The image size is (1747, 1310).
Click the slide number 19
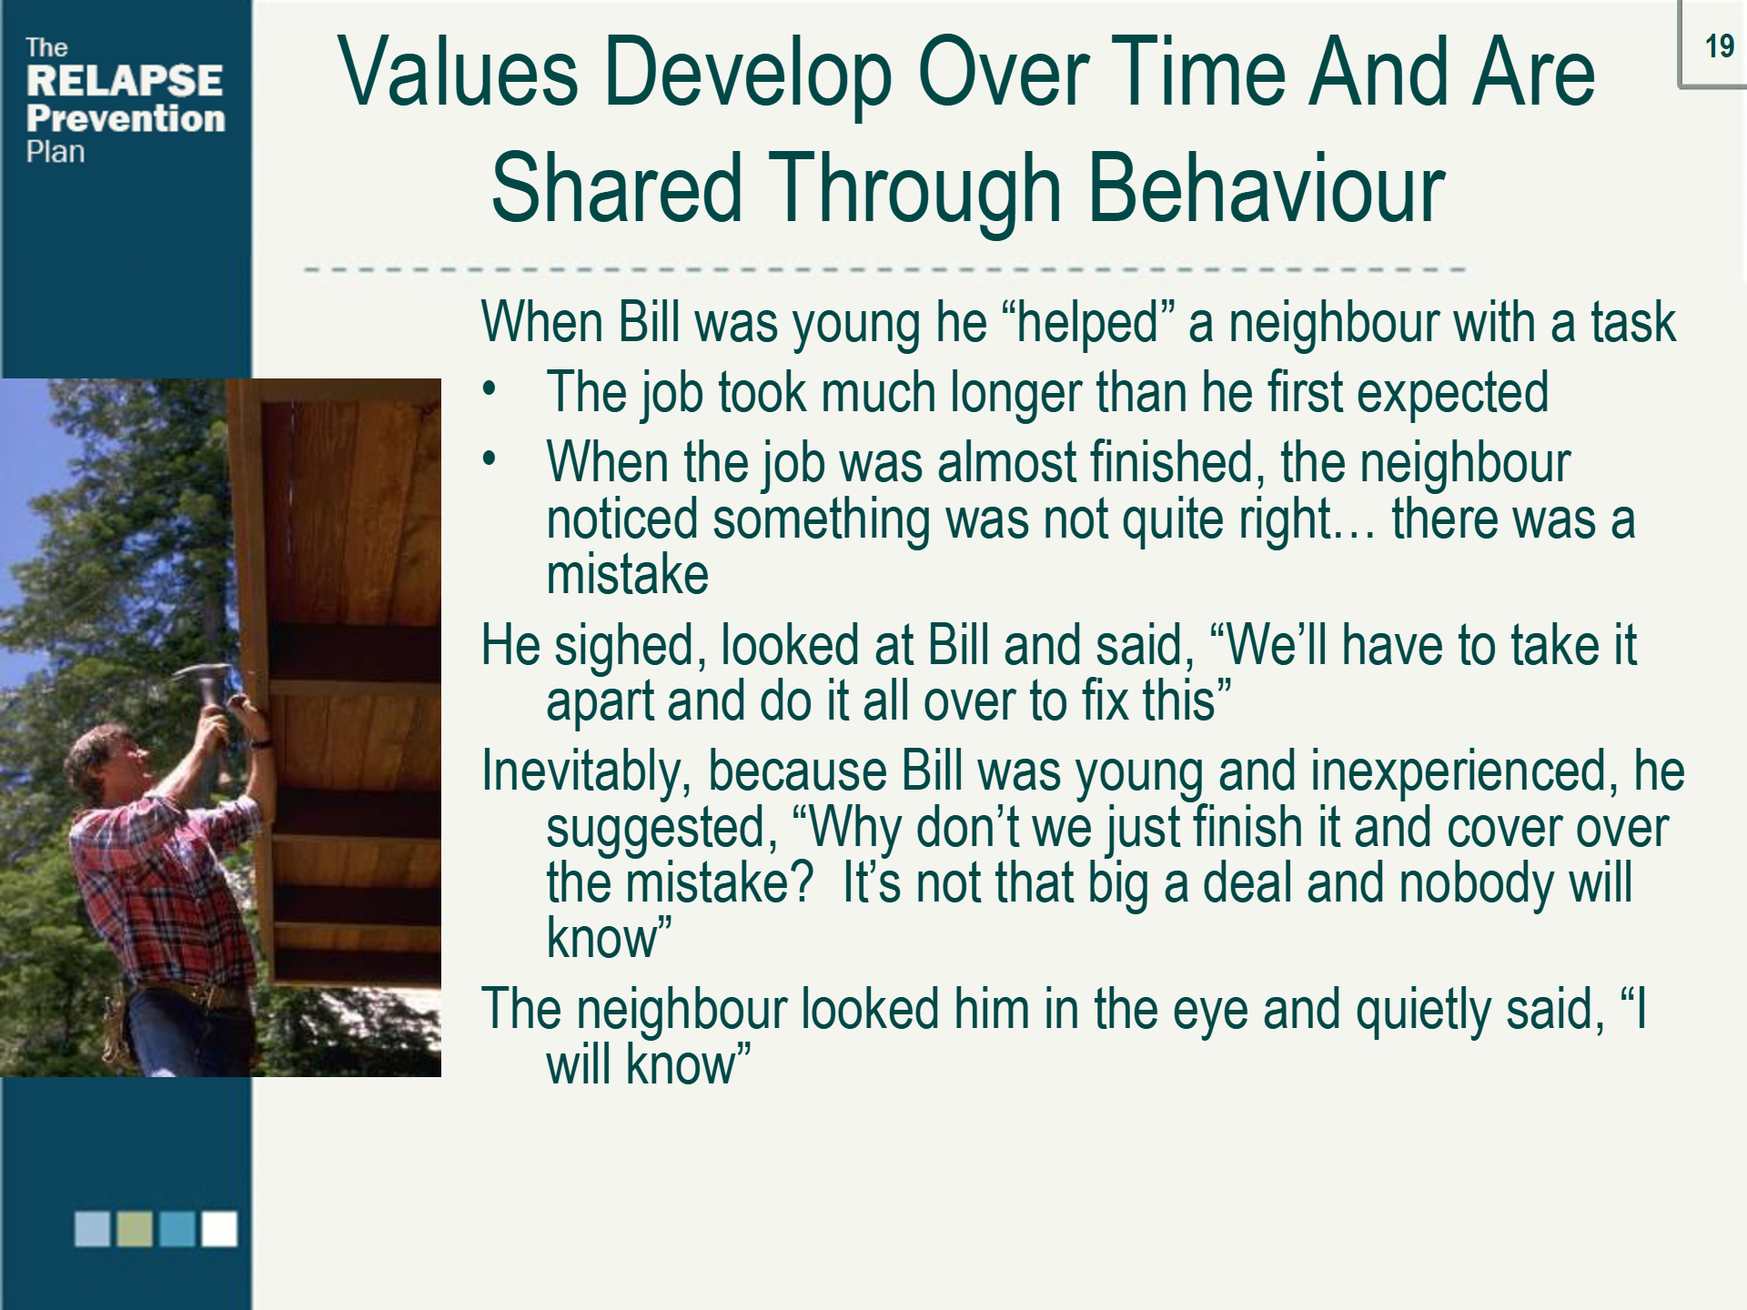(1719, 45)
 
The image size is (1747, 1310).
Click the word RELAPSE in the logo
(125, 81)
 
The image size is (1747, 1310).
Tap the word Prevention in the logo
(126, 118)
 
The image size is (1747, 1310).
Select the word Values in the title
(458, 73)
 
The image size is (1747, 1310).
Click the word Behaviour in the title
(1266, 189)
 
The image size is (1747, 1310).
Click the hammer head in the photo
(202, 675)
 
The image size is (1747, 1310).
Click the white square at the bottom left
(219, 1228)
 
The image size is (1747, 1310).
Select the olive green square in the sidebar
(135, 1228)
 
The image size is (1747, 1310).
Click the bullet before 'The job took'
(490, 389)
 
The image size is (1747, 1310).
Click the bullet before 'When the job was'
(490, 459)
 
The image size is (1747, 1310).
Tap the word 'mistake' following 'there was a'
(627, 575)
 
